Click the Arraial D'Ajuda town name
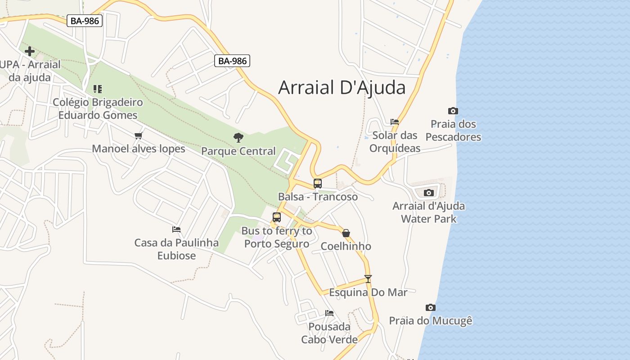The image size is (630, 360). (x=342, y=87)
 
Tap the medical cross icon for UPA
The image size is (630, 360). (x=30, y=51)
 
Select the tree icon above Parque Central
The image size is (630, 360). (x=238, y=137)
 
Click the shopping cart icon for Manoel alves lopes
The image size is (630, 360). (x=139, y=135)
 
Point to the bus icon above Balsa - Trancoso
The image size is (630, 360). (x=318, y=184)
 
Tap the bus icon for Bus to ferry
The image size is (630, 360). (x=277, y=217)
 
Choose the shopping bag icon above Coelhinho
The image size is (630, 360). (x=346, y=233)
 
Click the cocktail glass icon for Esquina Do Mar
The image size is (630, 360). (x=368, y=279)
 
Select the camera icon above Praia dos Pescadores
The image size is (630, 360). (x=453, y=111)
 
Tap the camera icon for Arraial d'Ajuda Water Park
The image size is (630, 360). (x=429, y=193)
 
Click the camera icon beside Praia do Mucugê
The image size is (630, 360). (x=431, y=307)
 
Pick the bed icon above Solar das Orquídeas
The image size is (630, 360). (x=395, y=122)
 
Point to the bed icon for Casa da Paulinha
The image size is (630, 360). (x=176, y=229)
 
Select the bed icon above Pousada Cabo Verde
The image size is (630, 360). (x=329, y=313)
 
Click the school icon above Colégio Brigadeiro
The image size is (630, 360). (x=98, y=89)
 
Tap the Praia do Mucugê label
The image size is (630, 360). (x=431, y=321)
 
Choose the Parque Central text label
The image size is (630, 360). (x=238, y=151)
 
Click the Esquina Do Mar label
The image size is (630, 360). (x=368, y=292)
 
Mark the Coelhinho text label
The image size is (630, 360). (x=346, y=246)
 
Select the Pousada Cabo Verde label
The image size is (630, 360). (x=329, y=333)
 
